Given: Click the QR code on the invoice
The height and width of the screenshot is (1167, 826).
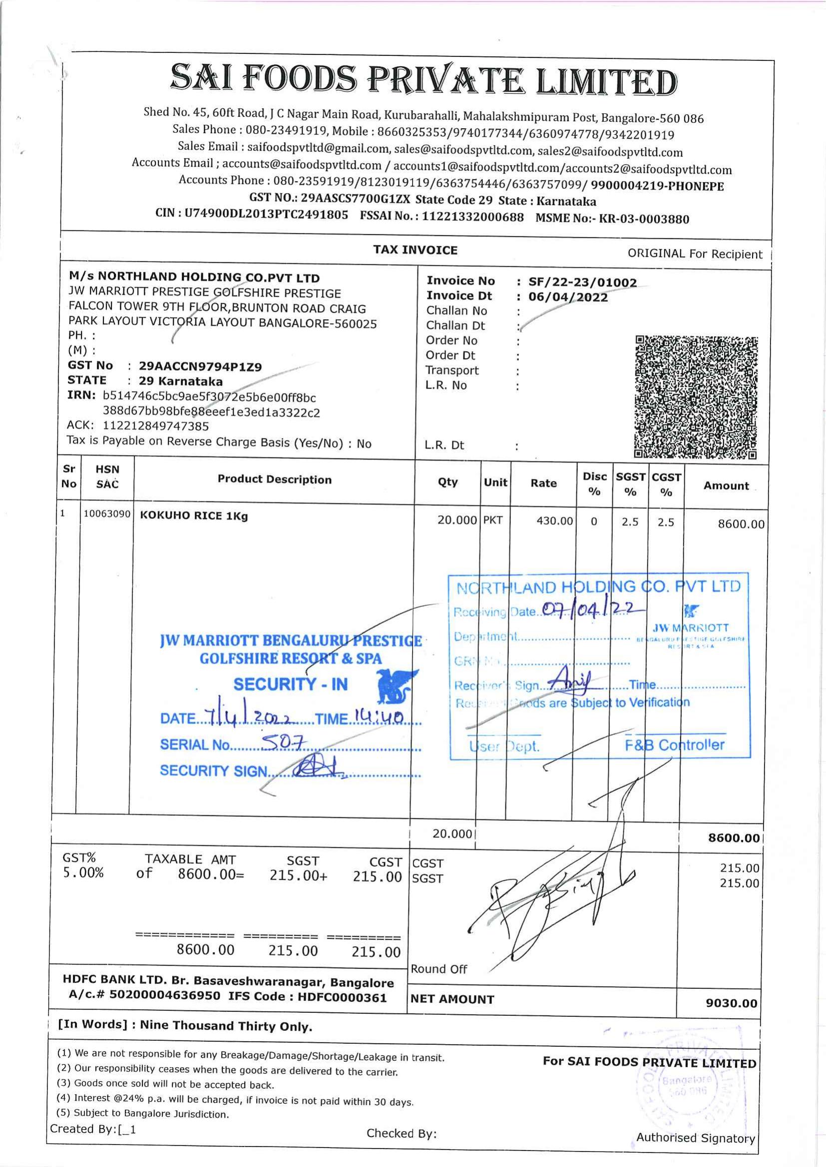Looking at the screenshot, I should coord(696,397).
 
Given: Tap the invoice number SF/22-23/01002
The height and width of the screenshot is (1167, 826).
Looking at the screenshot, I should coord(582,282).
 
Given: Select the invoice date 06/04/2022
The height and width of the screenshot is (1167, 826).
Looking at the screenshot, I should coord(568,297).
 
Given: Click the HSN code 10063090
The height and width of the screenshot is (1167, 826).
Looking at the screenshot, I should coord(107,514).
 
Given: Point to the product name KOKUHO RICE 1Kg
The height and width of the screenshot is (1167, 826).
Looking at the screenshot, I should coord(194,516).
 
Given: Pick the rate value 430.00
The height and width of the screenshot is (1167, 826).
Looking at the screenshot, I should coord(554,521).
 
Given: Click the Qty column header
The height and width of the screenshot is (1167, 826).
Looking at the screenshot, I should coord(447,482).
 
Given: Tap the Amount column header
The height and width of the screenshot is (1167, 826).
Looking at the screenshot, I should coord(726,486).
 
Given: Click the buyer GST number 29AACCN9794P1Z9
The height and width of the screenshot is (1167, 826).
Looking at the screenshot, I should coord(200,367).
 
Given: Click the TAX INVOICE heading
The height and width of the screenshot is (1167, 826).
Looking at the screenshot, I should coord(415,250).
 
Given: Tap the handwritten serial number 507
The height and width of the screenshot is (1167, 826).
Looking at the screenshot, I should coord(277,744).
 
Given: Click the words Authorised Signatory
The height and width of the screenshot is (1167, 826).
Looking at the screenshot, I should coord(695,1138).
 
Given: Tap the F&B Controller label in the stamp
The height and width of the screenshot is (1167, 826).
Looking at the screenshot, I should coord(674,745).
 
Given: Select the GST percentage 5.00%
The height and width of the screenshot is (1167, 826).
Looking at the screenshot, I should coord(83,873).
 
